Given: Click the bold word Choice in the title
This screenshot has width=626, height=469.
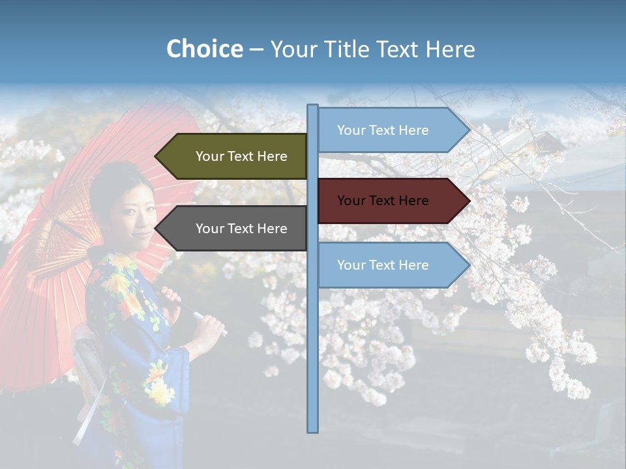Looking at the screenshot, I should tap(204, 50).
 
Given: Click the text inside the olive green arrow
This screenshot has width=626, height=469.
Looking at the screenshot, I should tap(241, 156).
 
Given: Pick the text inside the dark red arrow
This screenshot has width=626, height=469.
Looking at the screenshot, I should tap(383, 201).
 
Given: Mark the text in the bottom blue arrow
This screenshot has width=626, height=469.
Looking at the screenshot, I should tap(383, 265).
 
